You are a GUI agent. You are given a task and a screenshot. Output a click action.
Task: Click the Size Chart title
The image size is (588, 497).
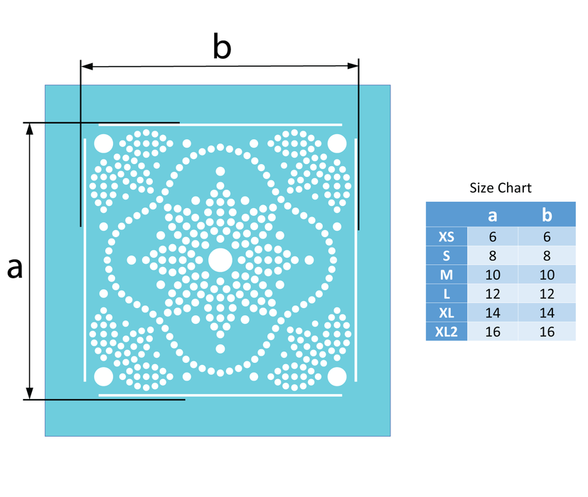click(501, 187)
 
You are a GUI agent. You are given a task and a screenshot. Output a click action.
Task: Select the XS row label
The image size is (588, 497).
click(447, 236)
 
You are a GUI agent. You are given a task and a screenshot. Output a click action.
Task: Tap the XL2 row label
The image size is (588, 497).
click(447, 332)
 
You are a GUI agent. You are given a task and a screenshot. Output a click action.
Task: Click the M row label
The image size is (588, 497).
click(447, 275)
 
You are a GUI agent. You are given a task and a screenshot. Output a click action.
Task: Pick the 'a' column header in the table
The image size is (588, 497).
click(493, 215)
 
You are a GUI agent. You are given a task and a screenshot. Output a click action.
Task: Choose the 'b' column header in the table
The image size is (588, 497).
click(547, 214)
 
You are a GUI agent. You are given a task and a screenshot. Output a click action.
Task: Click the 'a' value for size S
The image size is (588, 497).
click(493, 256)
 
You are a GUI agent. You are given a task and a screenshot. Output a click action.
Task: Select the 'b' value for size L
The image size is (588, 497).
click(547, 294)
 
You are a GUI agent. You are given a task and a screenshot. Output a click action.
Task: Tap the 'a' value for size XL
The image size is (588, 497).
click(493, 312)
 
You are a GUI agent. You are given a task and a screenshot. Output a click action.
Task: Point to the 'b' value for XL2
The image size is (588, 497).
click(547, 332)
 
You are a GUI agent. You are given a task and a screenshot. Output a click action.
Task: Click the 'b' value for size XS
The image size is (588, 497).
click(547, 236)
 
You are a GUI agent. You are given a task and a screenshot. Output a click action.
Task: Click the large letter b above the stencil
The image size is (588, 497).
click(222, 46)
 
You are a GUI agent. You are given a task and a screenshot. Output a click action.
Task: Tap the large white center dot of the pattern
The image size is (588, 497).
click(220, 260)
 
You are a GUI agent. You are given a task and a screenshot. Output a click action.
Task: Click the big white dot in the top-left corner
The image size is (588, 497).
click(104, 143)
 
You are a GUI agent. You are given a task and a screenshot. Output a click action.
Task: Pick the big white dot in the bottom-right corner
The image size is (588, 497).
click(337, 376)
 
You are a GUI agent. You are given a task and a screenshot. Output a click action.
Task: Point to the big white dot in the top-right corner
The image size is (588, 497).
click(337, 143)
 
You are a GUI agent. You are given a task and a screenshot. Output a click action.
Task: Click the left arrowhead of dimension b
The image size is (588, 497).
click(87, 67)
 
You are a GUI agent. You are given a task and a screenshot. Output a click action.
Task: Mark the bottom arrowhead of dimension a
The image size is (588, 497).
click(30, 393)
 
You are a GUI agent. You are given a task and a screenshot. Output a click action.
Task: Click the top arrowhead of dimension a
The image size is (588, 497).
click(30, 129)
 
